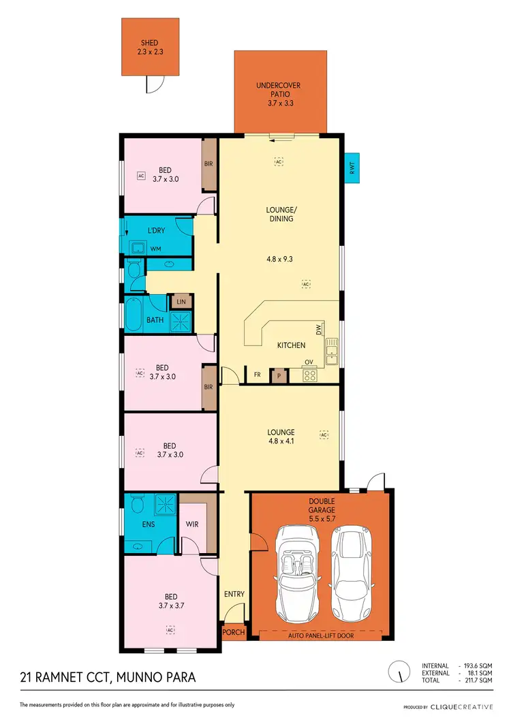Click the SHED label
click(150, 42)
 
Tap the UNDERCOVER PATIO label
click(279, 86)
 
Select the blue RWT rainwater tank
click(352, 168)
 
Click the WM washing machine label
click(155, 249)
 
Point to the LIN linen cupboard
click(181, 301)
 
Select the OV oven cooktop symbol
click(310, 374)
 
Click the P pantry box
click(278, 375)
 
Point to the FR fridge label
click(257, 375)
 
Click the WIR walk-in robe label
click(192, 524)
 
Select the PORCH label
click(234, 632)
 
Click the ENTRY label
click(234, 594)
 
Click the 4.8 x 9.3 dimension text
click(280, 259)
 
